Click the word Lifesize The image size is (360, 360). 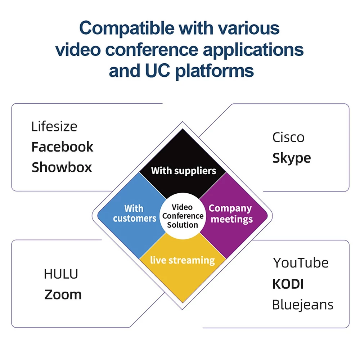pyautogui.click(x=54, y=126)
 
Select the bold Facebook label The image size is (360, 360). pyautogui.click(x=62, y=147)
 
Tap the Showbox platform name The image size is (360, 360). pyautogui.click(x=62, y=167)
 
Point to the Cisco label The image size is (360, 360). pyautogui.click(x=288, y=138)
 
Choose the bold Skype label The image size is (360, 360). pyautogui.click(x=292, y=158)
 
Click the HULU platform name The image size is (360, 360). pyautogui.click(x=61, y=274)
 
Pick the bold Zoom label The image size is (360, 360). pyautogui.click(x=63, y=294)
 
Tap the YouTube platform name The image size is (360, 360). pyautogui.click(x=301, y=263)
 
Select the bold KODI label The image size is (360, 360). pyautogui.click(x=288, y=284)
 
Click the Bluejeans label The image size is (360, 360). pyautogui.click(x=303, y=305)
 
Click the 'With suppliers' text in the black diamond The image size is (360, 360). pyautogui.click(x=184, y=171)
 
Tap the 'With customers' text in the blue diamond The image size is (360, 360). pyautogui.click(x=135, y=213)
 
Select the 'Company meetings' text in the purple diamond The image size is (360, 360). pyautogui.click(x=231, y=214)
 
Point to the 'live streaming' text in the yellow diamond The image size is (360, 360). pyautogui.click(x=183, y=260)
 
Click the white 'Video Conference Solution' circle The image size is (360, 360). pyautogui.click(x=183, y=216)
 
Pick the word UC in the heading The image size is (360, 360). pyautogui.click(x=158, y=71)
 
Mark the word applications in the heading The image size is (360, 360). pyautogui.click(x=253, y=50)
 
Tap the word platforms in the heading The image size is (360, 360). pyautogui.click(x=215, y=71)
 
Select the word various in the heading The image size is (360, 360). pyautogui.click(x=249, y=29)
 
